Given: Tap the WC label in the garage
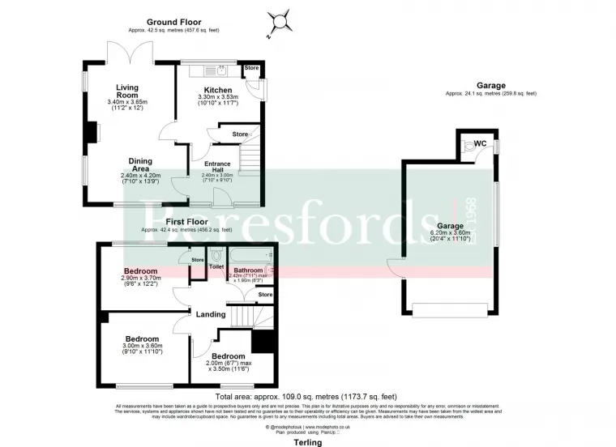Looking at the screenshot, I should pyautogui.click(x=480, y=143).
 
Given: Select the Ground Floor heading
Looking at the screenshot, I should pyautogui.click(x=173, y=22).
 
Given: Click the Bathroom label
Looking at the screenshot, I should pyautogui.click(x=248, y=270).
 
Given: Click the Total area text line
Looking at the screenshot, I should pyautogui.click(x=307, y=396).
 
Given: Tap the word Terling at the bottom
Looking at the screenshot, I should pyautogui.click(x=307, y=441).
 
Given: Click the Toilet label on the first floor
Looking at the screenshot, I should pyautogui.click(x=216, y=266).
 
